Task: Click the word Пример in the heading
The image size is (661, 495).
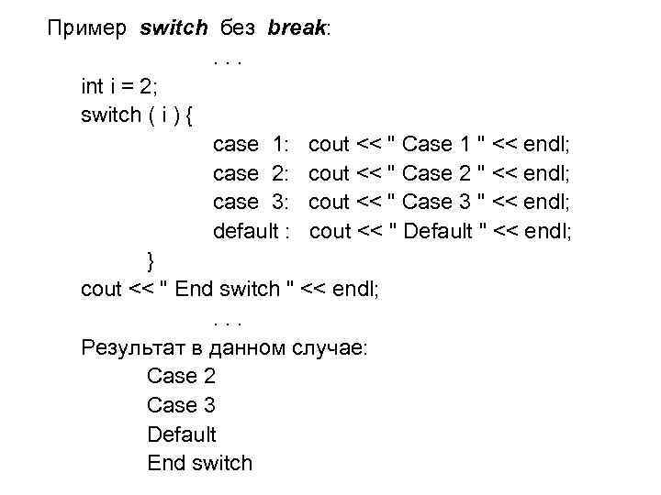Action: (x=89, y=28)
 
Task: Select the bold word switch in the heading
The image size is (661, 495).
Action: (x=174, y=28)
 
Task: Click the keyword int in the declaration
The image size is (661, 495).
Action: (x=92, y=87)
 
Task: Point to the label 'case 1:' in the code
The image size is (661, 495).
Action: (x=252, y=145)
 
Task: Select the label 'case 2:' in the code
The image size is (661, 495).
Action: (x=252, y=173)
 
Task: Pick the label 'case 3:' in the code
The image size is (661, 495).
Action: (x=252, y=203)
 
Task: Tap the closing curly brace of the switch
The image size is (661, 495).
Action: (x=151, y=260)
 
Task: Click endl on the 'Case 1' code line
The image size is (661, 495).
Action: (x=546, y=145)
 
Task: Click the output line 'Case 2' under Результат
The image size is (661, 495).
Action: (x=181, y=377)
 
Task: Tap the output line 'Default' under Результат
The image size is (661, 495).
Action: (x=182, y=434)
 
